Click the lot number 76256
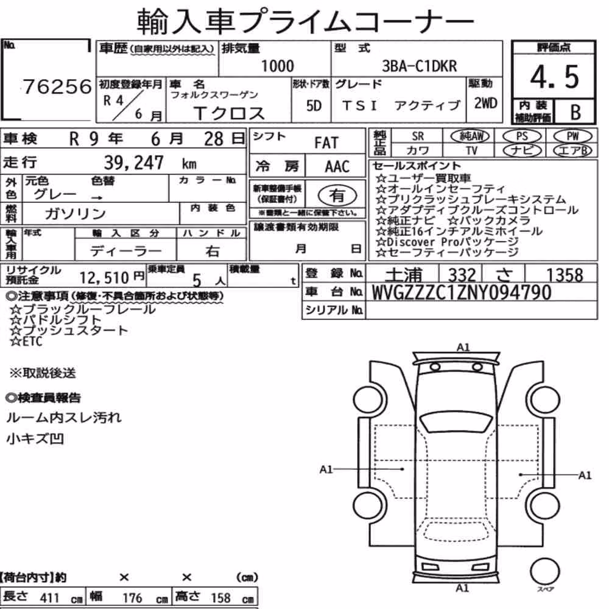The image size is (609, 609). pyautogui.click(x=57, y=86)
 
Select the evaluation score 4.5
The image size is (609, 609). pyautogui.click(x=554, y=77)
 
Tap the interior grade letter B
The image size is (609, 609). pyautogui.click(x=576, y=112)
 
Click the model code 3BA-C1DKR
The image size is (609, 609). pyautogui.click(x=420, y=66)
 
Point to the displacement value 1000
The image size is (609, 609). pyautogui.click(x=277, y=66)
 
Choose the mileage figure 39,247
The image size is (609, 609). pyautogui.click(x=133, y=163)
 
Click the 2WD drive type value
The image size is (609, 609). pyautogui.click(x=485, y=104)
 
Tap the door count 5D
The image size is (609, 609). pyautogui.click(x=314, y=105)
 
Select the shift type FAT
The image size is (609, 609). pyautogui.click(x=326, y=143)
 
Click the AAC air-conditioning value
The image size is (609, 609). pyautogui.click(x=337, y=167)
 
